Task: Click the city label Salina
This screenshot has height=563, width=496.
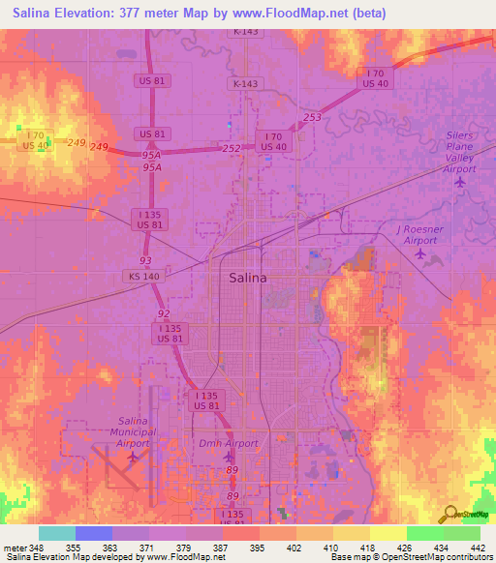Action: pos(247,278)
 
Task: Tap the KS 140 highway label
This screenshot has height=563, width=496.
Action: pos(139,276)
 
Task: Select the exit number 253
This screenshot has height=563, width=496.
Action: pos(311,117)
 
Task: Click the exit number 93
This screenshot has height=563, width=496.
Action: pos(145,261)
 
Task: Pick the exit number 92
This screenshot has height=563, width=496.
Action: pos(163,313)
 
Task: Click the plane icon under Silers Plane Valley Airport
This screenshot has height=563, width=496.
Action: pos(460,181)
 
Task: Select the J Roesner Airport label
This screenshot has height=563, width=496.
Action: pos(419,234)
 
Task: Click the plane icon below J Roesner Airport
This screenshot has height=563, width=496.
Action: pos(419,254)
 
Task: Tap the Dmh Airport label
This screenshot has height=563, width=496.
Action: pos(229,442)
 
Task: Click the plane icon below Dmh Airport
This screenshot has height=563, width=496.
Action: pos(229,457)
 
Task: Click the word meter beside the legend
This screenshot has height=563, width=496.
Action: pos(14,547)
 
